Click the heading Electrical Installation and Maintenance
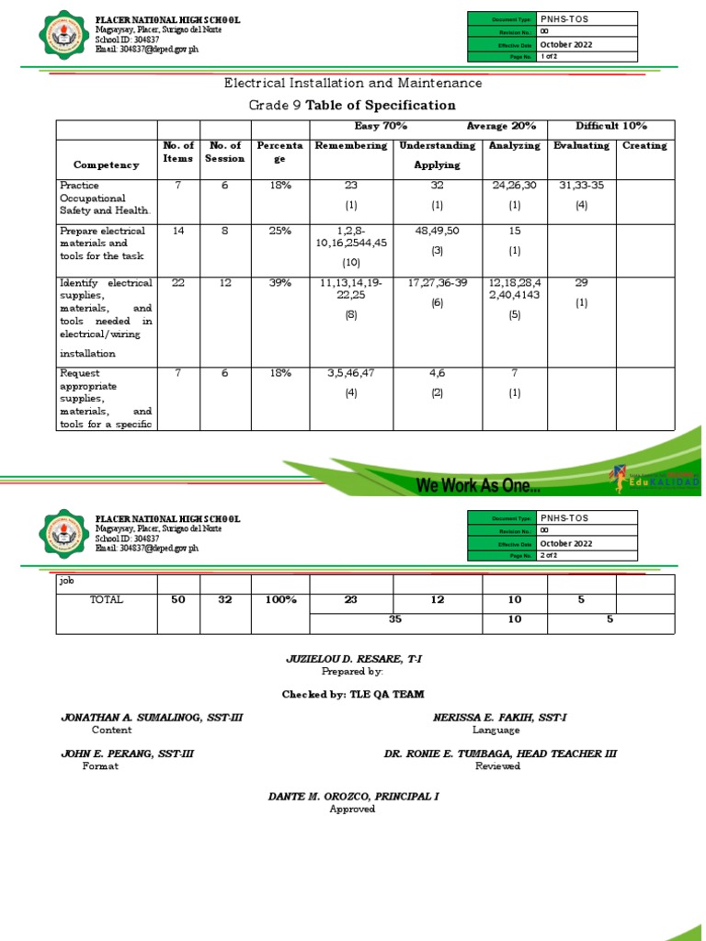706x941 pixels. coord(353,84)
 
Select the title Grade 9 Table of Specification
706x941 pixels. coord(353,106)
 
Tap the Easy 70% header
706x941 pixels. coord(381,126)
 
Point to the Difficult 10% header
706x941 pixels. coord(611,126)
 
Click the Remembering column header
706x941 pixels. coord(351,146)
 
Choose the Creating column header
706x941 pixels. coord(644,146)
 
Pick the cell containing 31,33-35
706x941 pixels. coord(580,186)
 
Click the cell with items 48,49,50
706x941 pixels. coord(437,232)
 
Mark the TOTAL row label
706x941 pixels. coord(106,600)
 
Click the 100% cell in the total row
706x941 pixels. coord(280,600)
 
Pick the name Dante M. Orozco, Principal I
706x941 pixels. coord(353,796)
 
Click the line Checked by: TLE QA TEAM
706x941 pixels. coord(353,694)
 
